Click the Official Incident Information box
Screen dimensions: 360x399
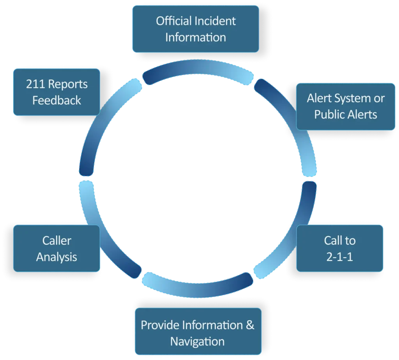point(196,29)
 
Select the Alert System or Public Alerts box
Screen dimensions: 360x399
point(346,106)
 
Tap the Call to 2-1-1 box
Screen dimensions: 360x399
point(339,248)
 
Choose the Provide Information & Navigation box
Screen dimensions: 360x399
point(198,333)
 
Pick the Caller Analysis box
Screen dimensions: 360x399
point(56,248)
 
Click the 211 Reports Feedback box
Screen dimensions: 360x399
point(56,92)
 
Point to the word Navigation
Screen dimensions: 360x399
point(198,341)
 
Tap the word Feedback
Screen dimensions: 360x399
point(56,100)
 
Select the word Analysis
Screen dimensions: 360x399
point(56,257)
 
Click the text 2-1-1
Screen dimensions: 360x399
point(339,257)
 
